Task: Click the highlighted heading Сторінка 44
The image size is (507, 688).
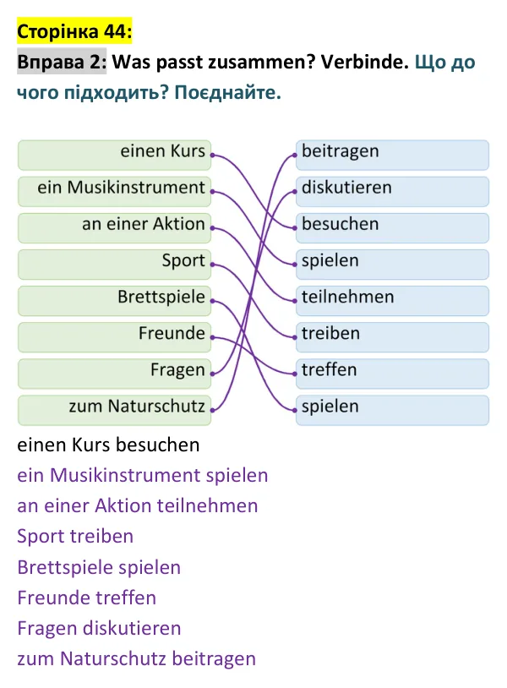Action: (74, 31)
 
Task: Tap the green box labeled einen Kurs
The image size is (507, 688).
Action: (114, 155)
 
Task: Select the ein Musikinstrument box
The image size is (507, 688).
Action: (114, 191)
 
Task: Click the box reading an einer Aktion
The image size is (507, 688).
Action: (114, 227)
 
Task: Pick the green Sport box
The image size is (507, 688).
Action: (114, 265)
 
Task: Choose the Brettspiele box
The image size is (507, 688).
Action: (114, 301)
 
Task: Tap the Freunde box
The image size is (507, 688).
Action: (114, 337)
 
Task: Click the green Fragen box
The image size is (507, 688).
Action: (114, 374)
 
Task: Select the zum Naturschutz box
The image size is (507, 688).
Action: (114, 410)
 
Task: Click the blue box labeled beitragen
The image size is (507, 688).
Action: (393, 155)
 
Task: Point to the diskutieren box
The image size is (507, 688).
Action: (393, 191)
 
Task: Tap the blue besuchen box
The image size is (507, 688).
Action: (393, 227)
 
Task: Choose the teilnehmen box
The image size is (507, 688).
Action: (393, 301)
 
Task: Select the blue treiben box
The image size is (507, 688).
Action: (393, 337)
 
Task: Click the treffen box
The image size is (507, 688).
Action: (393, 374)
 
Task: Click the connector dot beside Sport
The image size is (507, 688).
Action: (212, 265)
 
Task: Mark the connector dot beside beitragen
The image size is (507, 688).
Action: (295, 155)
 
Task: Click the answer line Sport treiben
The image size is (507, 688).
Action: (75, 536)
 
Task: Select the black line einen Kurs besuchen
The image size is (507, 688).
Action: (108, 445)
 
